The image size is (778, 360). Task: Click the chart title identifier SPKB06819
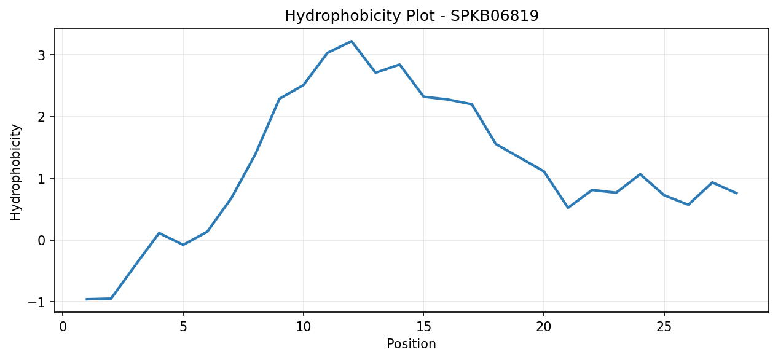(495, 16)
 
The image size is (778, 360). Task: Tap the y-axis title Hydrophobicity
(15, 173)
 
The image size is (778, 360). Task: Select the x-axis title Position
(411, 343)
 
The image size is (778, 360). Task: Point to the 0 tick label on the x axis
(63, 327)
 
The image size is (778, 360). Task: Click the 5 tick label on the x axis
(183, 327)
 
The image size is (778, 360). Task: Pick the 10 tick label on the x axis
(303, 327)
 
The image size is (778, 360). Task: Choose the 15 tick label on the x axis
(423, 327)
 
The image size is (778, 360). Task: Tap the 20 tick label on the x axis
(544, 327)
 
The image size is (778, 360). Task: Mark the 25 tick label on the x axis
(664, 327)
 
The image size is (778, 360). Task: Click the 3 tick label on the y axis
(42, 55)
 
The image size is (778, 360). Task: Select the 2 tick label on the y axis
(42, 117)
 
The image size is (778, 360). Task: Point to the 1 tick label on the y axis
(42, 178)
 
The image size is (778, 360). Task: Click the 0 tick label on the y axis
(42, 240)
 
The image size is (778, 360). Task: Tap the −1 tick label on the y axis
(37, 302)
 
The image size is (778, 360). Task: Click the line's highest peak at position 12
(352, 41)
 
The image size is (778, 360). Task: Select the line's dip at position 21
(568, 208)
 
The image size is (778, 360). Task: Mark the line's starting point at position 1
(87, 299)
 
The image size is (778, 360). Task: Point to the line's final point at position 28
(736, 194)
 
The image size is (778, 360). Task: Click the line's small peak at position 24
(640, 174)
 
